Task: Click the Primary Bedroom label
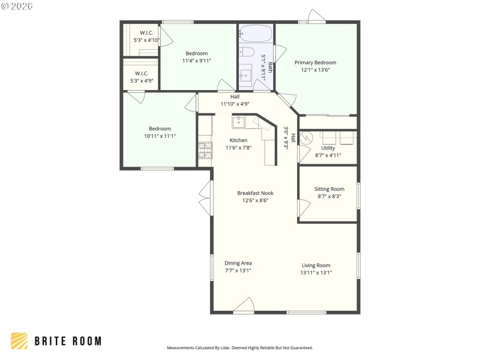pos(315,62)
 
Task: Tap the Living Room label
pos(316,265)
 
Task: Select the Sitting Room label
pos(329,189)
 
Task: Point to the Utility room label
pos(328,148)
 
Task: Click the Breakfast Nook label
pos(255,193)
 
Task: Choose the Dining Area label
pos(238,263)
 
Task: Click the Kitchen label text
pos(238,140)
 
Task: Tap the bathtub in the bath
pos(256,34)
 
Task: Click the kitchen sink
pos(239,122)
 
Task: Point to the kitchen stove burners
pos(205,150)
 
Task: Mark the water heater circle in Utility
pos(305,137)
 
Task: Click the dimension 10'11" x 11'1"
pos(160,136)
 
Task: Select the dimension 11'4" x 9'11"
pos(196,61)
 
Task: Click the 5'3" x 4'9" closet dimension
pos(142,80)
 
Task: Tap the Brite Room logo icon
pos(19,341)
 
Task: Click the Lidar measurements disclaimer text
pos(239,347)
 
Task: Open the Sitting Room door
pos(304,208)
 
